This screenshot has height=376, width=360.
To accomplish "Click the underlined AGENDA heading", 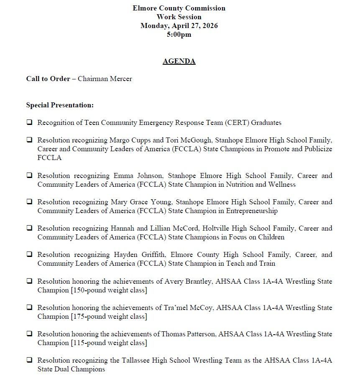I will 179,61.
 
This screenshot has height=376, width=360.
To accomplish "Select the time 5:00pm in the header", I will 179,35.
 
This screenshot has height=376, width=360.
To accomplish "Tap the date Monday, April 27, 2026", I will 179,25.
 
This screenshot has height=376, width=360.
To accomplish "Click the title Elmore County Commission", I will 179,8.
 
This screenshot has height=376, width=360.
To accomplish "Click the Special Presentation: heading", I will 60,105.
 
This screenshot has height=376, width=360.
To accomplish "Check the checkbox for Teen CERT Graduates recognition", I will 29,123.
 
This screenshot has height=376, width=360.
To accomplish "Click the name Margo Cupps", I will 130,140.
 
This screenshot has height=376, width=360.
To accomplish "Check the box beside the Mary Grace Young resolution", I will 29,202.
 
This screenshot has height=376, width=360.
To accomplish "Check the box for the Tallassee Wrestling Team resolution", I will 29,360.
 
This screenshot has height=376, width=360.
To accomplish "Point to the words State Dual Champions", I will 71,369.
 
